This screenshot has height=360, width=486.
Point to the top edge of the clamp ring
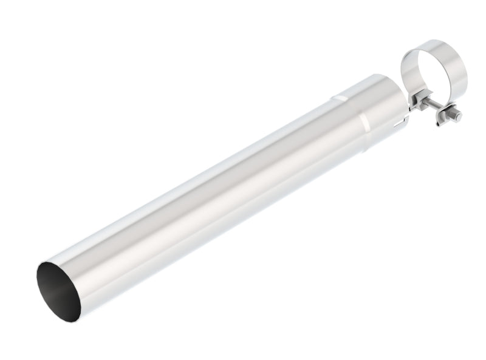(433, 42)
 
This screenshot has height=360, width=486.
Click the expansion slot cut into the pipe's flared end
(400, 123)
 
